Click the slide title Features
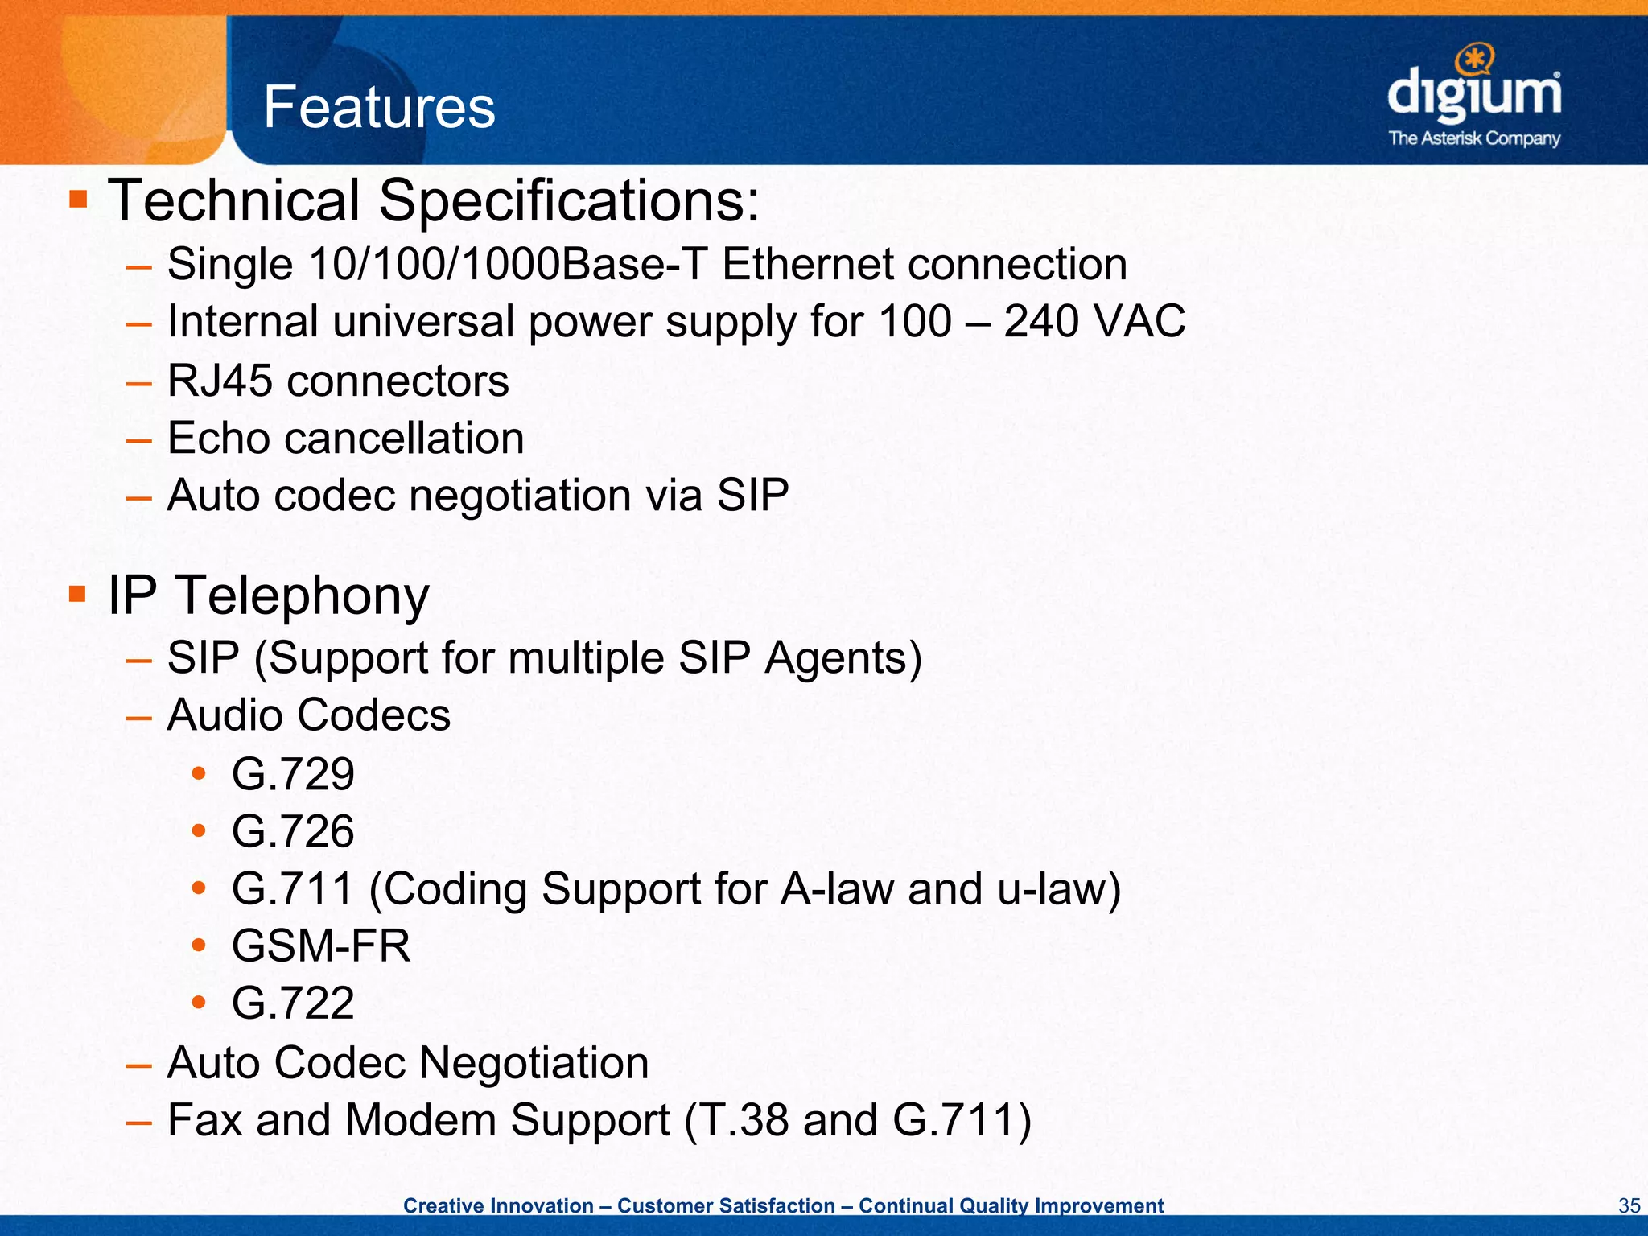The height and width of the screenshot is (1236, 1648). [x=379, y=108]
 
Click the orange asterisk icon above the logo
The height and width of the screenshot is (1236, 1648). [x=1475, y=58]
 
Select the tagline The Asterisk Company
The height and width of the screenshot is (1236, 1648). [x=1474, y=138]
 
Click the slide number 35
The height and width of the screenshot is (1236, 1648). [x=1629, y=1205]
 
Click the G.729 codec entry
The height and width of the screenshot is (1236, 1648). [x=293, y=774]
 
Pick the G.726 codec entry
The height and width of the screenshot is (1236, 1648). [x=293, y=831]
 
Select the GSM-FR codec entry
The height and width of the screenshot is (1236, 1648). [x=321, y=946]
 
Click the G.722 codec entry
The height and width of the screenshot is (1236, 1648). [x=293, y=1003]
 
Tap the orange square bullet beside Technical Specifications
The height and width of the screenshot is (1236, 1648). [x=78, y=199]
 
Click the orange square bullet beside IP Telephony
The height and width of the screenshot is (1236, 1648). [x=78, y=595]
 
